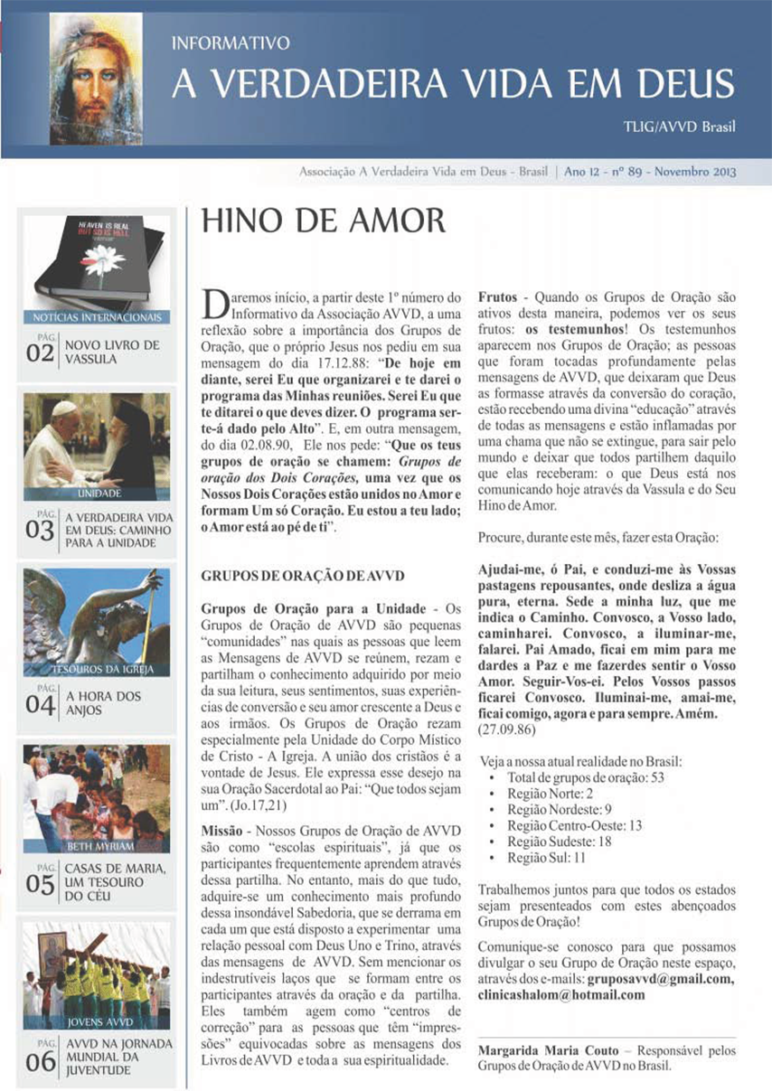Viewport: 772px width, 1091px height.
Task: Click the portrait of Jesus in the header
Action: pyautogui.click(x=96, y=79)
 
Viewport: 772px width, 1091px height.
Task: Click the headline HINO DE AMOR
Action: pyautogui.click(x=323, y=221)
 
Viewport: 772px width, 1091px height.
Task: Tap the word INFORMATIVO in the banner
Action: pyautogui.click(x=231, y=42)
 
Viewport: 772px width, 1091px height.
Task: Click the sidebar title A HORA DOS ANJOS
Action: pyautogui.click(x=100, y=702)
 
